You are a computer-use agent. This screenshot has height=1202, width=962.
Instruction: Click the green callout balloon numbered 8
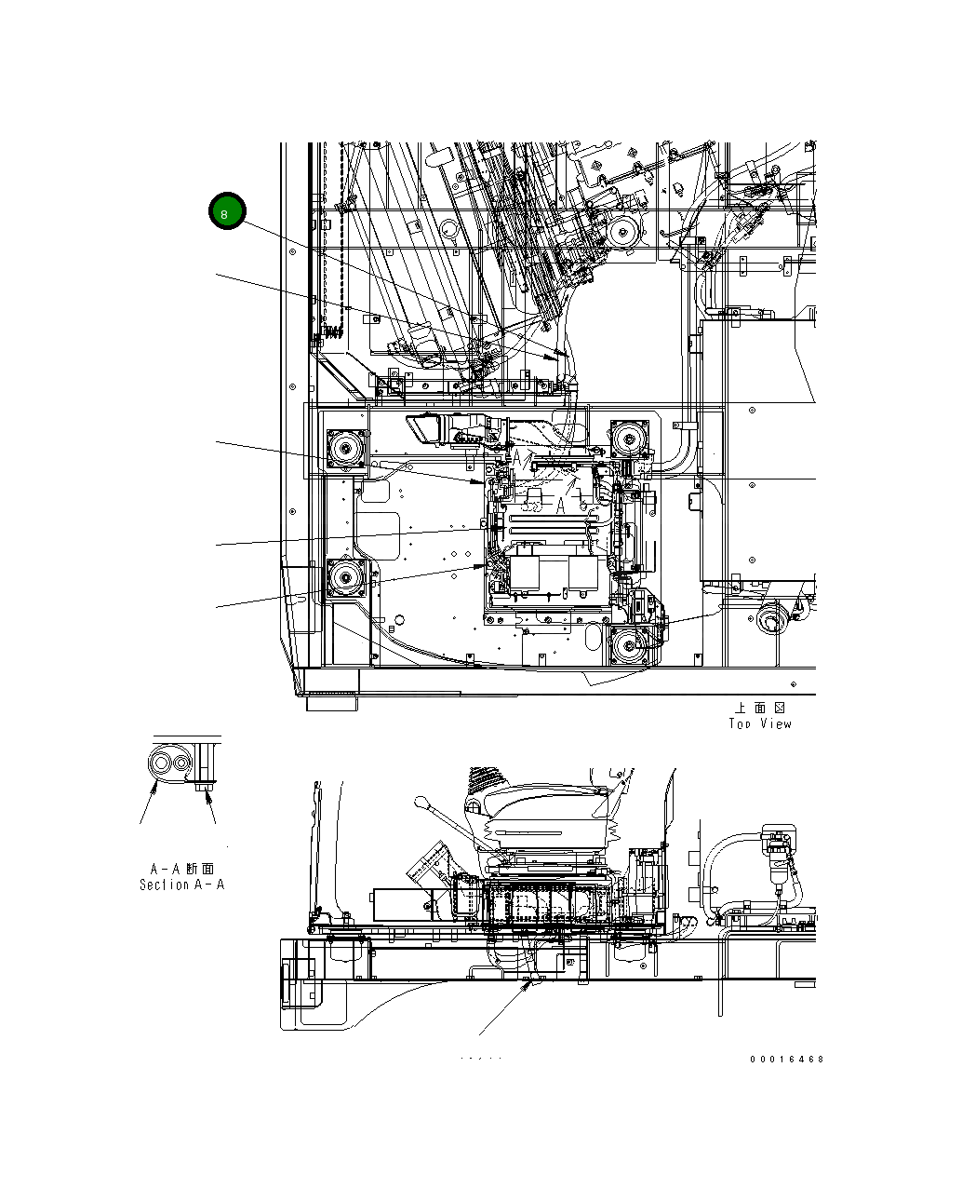(226, 212)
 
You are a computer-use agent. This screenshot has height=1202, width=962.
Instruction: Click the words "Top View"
(760, 723)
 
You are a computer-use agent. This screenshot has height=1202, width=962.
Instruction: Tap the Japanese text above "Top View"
(760, 708)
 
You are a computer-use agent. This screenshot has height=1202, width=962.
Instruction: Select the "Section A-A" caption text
(181, 885)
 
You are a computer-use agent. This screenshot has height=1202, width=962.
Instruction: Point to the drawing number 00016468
(787, 1059)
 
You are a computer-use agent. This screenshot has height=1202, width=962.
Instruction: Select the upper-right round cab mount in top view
(630, 438)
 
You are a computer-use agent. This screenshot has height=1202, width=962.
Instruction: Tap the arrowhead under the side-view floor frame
(530, 983)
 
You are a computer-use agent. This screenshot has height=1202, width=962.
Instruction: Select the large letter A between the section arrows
(561, 506)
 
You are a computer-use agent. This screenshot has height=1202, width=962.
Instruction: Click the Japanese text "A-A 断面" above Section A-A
(181, 868)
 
